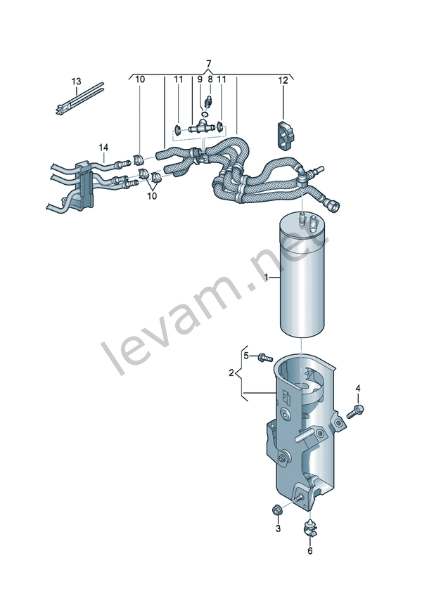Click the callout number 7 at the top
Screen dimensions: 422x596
point(208,63)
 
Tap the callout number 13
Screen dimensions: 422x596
point(77,82)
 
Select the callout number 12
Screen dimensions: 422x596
point(283,80)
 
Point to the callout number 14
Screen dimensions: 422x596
point(104,147)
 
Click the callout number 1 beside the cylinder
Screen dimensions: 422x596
point(267,278)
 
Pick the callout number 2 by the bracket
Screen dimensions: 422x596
point(231,373)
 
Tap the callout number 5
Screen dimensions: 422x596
point(246,356)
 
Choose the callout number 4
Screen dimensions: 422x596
point(358,388)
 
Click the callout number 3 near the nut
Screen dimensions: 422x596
point(278,528)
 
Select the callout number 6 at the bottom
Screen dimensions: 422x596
point(309,550)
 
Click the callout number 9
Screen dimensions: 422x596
point(199,79)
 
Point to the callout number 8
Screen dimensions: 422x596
point(210,79)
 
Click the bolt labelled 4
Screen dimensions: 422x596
point(354,412)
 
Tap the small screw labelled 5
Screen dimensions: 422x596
point(266,357)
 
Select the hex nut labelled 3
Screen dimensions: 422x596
point(276,510)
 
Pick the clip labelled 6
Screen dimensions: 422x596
point(310,528)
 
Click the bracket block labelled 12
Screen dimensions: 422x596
point(284,136)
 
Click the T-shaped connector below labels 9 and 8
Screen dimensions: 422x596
point(200,127)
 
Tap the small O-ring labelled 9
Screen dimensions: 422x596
point(205,114)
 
